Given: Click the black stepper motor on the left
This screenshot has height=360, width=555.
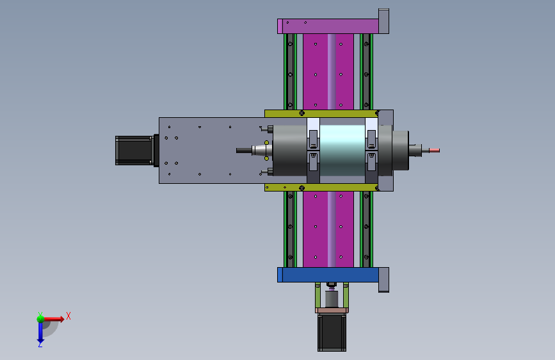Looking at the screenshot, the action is [134, 151].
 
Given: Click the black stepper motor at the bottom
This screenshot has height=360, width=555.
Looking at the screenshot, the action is [332, 332].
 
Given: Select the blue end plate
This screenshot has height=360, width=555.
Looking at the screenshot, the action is [328, 275].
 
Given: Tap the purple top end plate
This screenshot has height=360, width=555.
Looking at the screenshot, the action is [328, 26].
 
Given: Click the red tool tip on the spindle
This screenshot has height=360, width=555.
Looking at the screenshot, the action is [434, 151].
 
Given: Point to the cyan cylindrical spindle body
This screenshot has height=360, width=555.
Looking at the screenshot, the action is [342, 151].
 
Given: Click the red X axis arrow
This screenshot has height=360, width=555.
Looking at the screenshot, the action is [54, 319].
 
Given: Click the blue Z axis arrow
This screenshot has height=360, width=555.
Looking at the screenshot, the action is [40, 332].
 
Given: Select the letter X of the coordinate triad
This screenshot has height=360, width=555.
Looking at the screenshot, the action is [68, 316].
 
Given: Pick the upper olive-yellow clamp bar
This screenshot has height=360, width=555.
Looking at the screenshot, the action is [321, 113].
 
